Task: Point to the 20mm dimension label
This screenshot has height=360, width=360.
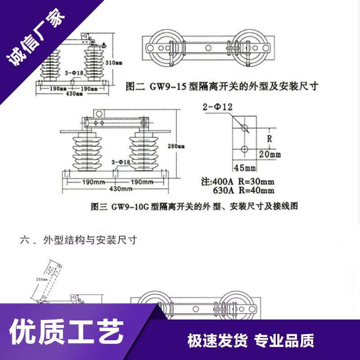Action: [270, 154]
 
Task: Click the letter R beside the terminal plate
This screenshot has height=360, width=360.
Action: [270, 139]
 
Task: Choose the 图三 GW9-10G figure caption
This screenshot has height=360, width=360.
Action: [194, 207]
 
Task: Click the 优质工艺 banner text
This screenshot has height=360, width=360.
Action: [67, 333]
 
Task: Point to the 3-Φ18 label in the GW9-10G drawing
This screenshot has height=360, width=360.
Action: [120, 162]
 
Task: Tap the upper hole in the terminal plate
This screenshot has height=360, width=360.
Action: [244, 128]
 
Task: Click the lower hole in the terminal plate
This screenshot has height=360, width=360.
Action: [244, 148]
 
